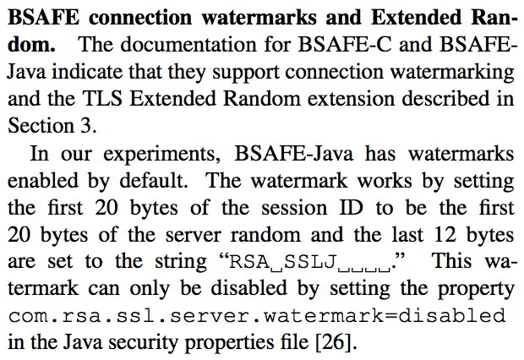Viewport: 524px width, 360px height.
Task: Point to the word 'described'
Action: pyautogui.click(x=421, y=97)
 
